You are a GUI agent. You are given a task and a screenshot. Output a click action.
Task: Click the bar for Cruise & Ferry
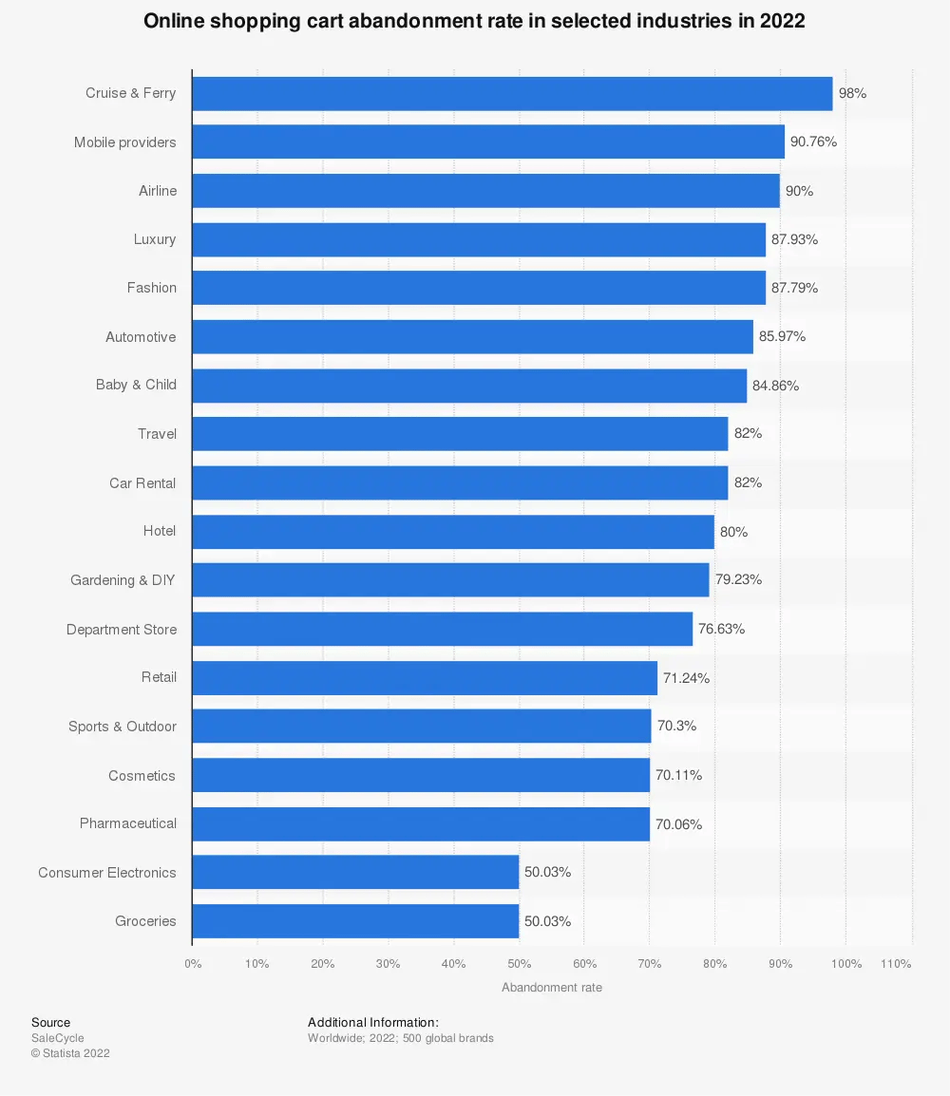[512, 94]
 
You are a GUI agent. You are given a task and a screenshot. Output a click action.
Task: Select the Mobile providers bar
[488, 142]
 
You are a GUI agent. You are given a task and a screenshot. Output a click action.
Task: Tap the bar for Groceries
[355, 921]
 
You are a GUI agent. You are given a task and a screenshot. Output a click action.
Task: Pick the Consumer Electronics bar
[355, 873]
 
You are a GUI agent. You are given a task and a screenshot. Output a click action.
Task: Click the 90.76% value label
[813, 142]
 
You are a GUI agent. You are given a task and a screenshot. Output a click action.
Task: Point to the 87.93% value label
[794, 239]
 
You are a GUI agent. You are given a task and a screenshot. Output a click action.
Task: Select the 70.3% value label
[676, 727]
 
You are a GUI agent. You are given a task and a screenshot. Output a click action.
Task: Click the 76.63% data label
[721, 629]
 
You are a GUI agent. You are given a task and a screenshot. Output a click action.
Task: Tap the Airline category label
[158, 191]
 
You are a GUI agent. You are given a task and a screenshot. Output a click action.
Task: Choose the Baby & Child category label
[136, 386]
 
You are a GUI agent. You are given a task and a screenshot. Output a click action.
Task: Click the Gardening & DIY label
[123, 580]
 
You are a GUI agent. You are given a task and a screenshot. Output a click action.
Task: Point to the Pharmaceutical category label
[128, 823]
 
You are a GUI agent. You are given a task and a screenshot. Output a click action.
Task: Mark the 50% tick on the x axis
[519, 964]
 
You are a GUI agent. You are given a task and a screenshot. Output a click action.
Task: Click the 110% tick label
[895, 964]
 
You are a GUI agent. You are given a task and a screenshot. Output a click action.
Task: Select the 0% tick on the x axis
[193, 964]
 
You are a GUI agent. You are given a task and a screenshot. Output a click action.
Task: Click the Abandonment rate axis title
[551, 988]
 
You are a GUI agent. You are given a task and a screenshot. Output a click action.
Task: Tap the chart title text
[474, 22]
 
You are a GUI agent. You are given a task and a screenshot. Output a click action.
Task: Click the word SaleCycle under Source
[57, 1038]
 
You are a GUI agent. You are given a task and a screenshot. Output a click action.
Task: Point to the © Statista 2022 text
[70, 1053]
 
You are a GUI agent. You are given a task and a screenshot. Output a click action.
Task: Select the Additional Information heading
[372, 1023]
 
